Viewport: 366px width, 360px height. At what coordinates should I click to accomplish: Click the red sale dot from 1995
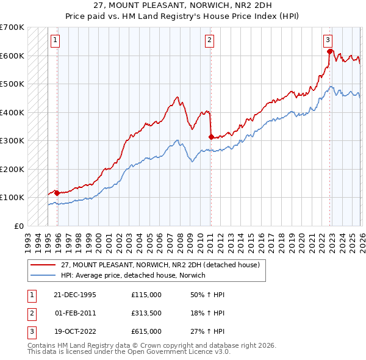[57, 193]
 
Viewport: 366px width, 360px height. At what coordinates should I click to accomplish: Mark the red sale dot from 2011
[210, 137]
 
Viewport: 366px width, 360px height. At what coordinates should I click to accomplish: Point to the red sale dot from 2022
[329, 51]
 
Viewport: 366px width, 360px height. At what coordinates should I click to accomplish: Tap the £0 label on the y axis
[19, 226]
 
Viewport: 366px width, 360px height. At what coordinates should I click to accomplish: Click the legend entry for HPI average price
[133, 275]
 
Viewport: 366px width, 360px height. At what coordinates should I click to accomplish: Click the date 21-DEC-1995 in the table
[76, 295]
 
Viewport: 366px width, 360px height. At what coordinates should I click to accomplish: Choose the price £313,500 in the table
[146, 313]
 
